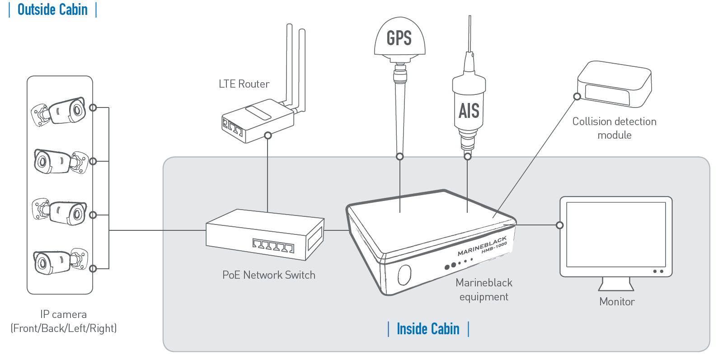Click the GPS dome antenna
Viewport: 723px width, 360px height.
coord(399,38)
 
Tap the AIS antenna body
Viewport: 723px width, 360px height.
coord(469,108)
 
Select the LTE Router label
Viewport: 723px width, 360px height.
coord(244,84)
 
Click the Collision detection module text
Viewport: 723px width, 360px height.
coord(614,128)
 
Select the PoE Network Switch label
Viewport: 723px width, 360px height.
coord(269,275)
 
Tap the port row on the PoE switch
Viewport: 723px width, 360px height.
coord(273,245)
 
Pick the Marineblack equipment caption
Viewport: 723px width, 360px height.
coord(484,290)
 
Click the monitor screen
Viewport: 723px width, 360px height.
coord(616,234)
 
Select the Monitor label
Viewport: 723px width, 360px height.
coord(617,302)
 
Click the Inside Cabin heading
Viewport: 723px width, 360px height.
coord(428,329)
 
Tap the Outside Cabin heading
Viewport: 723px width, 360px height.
coord(52,9)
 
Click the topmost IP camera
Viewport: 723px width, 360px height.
coord(59,111)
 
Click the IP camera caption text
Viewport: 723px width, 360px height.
coord(63,321)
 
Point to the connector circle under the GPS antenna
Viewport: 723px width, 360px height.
coord(400,157)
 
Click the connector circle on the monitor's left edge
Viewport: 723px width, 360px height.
coord(560,225)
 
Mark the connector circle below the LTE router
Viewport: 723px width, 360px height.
coord(268,135)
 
